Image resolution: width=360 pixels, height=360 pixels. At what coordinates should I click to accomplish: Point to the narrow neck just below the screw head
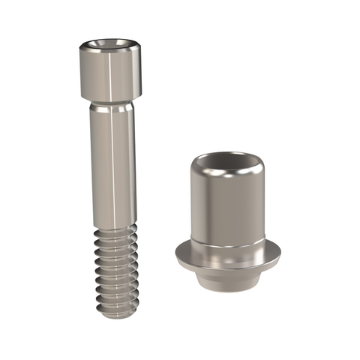[111, 104]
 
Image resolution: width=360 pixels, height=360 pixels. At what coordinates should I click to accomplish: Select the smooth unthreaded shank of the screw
[112, 165]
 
